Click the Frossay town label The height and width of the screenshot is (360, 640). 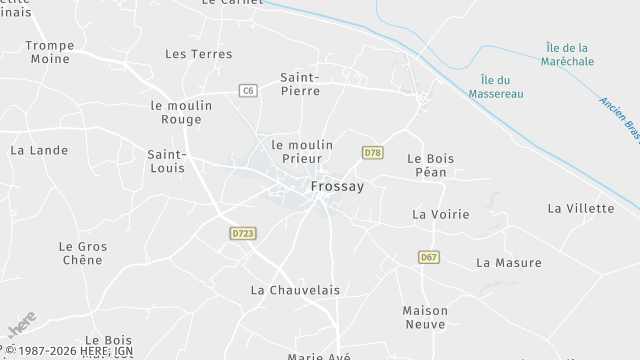coord(336,186)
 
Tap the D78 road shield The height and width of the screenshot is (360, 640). coord(372,153)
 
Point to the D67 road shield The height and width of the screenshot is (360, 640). coord(429,257)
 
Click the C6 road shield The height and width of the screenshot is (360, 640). coord(248,91)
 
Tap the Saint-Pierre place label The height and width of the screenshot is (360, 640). coord(300,83)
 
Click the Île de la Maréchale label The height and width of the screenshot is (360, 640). coord(567,55)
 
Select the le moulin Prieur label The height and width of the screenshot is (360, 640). coord(302,151)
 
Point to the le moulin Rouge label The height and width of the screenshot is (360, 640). coord(181,111)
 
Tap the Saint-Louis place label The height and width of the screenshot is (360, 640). coord(166,161)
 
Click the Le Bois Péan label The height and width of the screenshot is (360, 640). coord(431,165)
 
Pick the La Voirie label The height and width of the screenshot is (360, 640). coord(441,214)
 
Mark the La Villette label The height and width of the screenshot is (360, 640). coord(580,208)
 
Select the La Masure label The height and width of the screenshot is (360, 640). coord(508,263)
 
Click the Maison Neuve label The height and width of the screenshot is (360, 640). coord(425,317)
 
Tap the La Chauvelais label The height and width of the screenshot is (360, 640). coord(295,290)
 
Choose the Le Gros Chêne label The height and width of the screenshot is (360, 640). coord(82,253)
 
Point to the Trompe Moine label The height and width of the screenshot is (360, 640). coord(49,52)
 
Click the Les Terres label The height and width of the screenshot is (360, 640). coord(198,54)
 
